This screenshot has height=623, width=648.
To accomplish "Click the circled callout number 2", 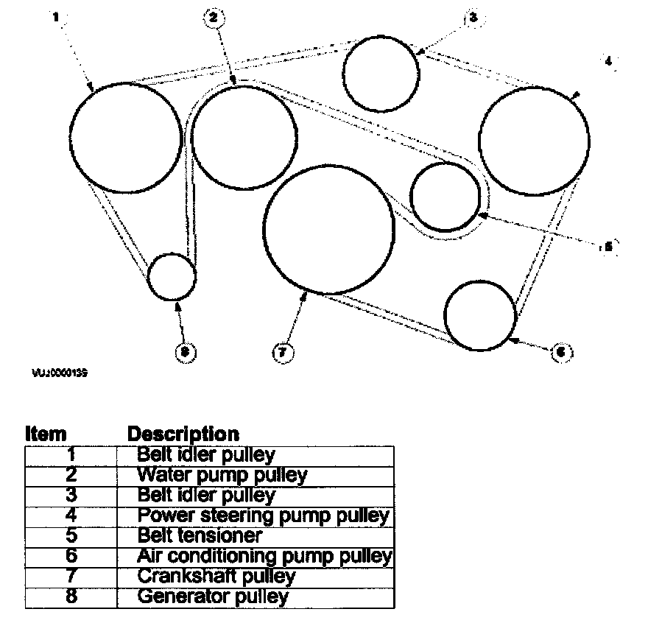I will click(213, 18).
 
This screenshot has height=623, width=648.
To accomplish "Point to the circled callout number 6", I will click(560, 353).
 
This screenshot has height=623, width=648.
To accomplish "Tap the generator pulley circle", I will click(172, 277).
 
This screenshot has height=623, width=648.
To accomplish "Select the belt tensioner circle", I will click(445, 197).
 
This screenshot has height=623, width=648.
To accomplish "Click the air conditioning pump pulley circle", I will click(481, 312).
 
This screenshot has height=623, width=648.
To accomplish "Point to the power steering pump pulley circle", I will click(534, 141).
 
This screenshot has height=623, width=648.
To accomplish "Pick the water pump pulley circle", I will click(244, 138).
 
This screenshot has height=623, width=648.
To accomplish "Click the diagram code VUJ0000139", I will click(60, 373).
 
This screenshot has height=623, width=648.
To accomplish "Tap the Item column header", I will click(46, 434).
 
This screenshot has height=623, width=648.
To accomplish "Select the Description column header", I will click(183, 434).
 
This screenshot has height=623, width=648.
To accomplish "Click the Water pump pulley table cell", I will click(222, 475).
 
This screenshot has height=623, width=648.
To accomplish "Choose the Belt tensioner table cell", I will click(200, 535).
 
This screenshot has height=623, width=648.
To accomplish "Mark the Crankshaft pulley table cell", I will click(216, 576).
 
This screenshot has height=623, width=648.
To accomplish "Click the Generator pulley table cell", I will click(213, 596).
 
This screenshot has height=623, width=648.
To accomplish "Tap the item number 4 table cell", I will click(71, 515).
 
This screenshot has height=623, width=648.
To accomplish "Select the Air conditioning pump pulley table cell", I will click(264, 556).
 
